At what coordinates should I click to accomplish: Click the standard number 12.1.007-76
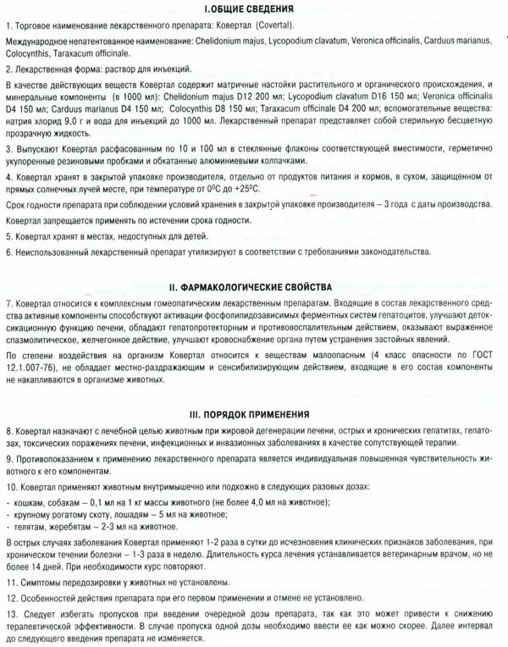[31, 361]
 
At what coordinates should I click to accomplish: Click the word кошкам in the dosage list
[28, 502]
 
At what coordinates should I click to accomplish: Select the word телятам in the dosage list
[30, 528]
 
